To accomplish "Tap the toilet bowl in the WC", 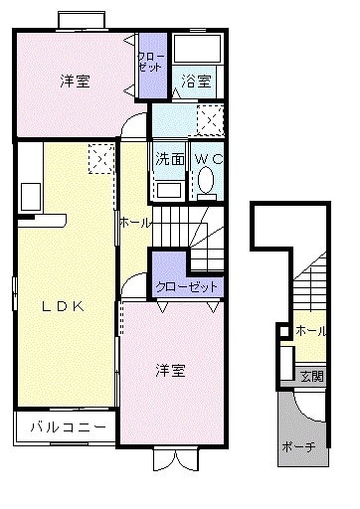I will [x=207, y=181].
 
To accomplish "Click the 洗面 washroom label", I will [x=168, y=158].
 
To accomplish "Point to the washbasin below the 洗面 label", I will [x=168, y=188].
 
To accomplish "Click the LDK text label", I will [x=63, y=306].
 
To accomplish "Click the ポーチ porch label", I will [x=298, y=447].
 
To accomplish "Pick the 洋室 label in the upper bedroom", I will [x=76, y=83].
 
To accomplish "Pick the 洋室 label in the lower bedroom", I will [x=169, y=371].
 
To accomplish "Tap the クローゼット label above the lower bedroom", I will [x=187, y=286].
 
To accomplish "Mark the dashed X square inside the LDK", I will [x=100, y=158].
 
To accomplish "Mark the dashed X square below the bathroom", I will [x=211, y=121].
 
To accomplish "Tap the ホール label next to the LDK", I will [x=135, y=224].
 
